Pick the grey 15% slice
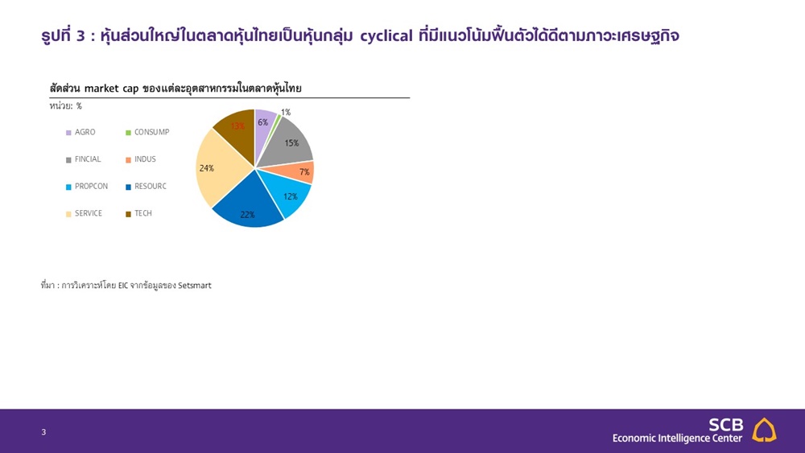(x=290, y=144)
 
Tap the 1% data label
(x=286, y=113)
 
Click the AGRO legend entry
(x=80, y=133)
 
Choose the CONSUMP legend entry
(x=147, y=133)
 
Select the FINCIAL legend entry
(x=83, y=159)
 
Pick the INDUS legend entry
(x=141, y=159)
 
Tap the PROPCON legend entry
(x=87, y=187)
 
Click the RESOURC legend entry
(x=146, y=187)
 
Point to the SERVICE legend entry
(x=84, y=213)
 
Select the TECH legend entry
(x=138, y=213)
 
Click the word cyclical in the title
(x=386, y=36)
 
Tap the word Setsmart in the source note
(x=195, y=286)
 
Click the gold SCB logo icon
(x=764, y=430)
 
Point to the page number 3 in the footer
(x=43, y=432)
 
